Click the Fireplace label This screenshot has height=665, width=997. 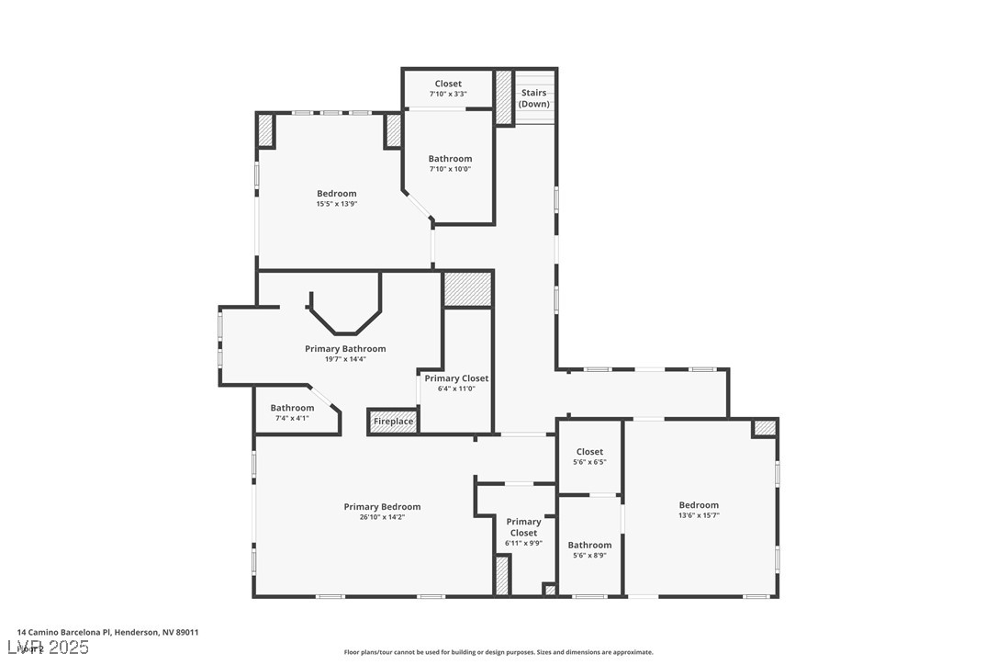coord(393,423)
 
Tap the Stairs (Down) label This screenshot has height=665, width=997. coord(533,98)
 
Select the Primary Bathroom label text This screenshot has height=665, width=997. coord(345,349)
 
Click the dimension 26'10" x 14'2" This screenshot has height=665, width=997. coord(382,517)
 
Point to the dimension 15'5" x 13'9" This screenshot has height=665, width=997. coord(336,204)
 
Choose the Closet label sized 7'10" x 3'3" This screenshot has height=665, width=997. coord(448,84)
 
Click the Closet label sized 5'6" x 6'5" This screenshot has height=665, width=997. coord(589,452)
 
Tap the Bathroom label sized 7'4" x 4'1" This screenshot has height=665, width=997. coord(292,408)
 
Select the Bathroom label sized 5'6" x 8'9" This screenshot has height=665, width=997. coord(589,545)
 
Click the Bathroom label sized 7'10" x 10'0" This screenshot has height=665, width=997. coord(450,159)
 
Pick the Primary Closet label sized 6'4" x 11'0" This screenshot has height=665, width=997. coord(456,378)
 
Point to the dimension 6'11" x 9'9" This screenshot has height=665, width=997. coord(523,543)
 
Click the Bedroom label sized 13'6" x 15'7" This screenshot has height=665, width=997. coord(699,505)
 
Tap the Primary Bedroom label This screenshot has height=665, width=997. coord(382,507)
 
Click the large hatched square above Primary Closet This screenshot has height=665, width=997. coord(467,289)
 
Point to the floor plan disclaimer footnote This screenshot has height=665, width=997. coord(498,652)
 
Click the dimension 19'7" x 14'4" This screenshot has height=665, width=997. coord(345,359)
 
